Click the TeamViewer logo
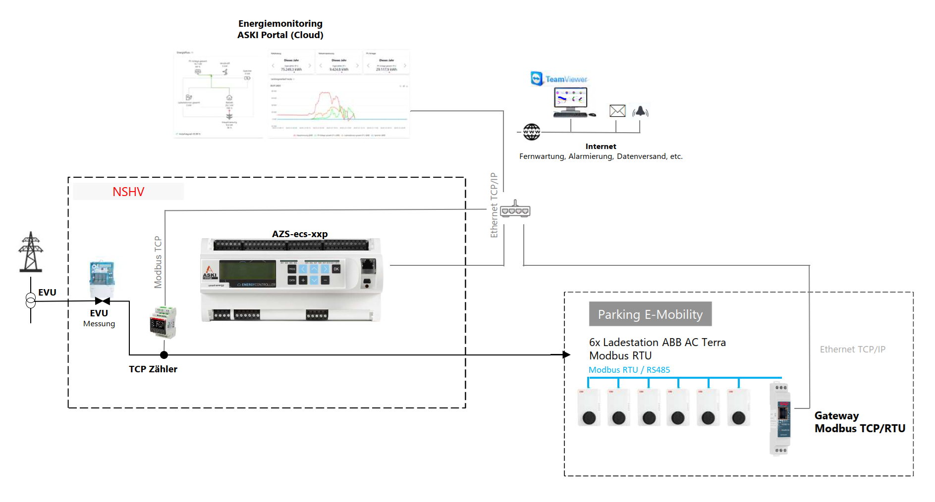(558, 79)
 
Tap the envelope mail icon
(617, 111)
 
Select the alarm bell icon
(640, 111)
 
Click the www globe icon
(532, 132)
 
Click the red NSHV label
(128, 192)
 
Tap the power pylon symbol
(31, 252)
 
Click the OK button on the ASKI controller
(336, 269)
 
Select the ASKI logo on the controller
(210, 272)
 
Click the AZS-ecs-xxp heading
(300, 234)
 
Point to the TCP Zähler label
(153, 369)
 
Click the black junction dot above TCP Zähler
(164, 354)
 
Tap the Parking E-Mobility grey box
(650, 314)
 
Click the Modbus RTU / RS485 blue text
(629, 370)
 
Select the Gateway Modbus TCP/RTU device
(780, 418)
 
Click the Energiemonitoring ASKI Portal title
(280, 29)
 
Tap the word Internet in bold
(601, 146)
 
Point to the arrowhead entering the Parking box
(566, 354)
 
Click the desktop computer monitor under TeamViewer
(570, 98)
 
